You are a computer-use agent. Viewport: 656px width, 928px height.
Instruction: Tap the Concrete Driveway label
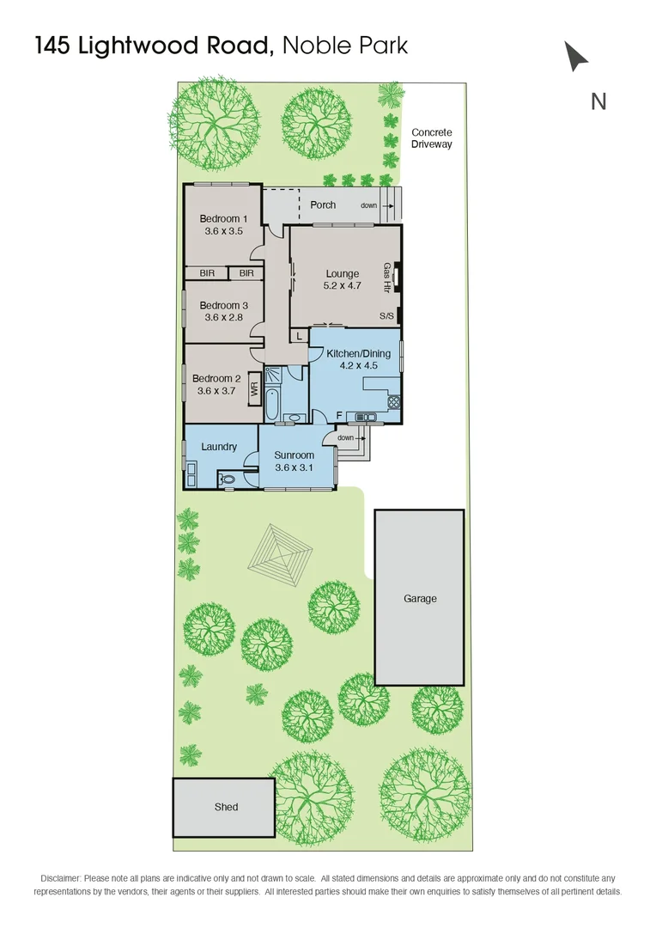[431, 138]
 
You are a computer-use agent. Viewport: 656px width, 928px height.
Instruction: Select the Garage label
[420, 598]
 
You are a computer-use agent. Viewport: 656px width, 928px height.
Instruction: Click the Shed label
[226, 807]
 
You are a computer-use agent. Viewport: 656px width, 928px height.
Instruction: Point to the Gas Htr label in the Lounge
[387, 278]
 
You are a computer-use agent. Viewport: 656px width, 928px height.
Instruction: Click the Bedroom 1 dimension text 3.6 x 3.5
[223, 231]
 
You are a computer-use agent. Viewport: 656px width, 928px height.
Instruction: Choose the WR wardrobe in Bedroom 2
[253, 388]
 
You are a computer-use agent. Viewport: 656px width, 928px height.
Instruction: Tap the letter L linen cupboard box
[298, 336]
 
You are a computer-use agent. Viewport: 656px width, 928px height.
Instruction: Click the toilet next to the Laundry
[229, 479]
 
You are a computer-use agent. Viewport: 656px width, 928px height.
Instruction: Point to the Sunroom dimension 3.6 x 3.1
[295, 467]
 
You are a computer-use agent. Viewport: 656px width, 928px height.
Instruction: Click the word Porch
[323, 205]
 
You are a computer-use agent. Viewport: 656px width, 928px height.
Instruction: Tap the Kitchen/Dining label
[358, 353]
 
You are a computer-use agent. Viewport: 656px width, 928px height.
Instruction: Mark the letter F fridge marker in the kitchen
[339, 417]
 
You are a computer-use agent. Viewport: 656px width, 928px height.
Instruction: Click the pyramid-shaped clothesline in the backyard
[276, 559]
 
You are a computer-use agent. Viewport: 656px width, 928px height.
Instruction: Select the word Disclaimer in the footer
[61, 878]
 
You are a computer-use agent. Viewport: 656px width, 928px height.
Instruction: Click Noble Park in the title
[344, 46]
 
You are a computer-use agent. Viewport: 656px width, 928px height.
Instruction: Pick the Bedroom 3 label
[224, 305]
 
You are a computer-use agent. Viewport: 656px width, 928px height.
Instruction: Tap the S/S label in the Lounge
[387, 316]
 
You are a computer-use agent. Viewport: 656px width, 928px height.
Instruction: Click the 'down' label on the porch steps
[368, 205]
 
